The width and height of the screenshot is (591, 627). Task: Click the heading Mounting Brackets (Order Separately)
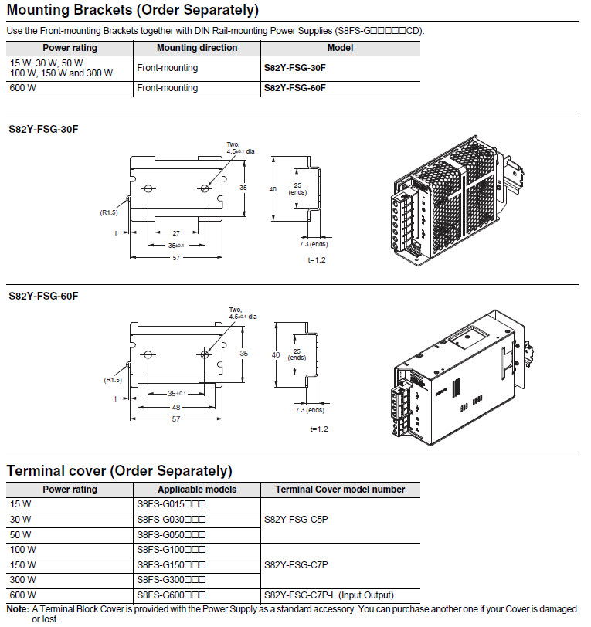click(132, 11)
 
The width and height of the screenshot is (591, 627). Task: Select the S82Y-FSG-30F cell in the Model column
click(294, 68)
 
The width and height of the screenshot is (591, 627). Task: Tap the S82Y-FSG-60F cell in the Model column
click(294, 88)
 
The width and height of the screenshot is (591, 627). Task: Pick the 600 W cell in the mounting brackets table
click(24, 88)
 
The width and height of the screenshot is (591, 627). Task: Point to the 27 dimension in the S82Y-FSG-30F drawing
click(176, 232)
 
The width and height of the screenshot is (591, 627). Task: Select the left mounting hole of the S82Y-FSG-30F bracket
click(149, 188)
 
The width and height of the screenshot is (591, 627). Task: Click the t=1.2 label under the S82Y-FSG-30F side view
click(317, 260)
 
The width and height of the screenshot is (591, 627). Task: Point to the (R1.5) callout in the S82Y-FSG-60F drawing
click(113, 380)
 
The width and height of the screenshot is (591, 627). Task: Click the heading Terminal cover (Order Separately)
click(119, 470)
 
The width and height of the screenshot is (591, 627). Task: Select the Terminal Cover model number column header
click(340, 490)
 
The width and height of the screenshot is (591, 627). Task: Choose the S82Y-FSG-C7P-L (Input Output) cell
click(328, 595)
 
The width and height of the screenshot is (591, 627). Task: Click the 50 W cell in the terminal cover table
click(21, 534)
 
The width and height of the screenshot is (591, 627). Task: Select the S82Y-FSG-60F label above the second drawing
click(43, 296)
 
